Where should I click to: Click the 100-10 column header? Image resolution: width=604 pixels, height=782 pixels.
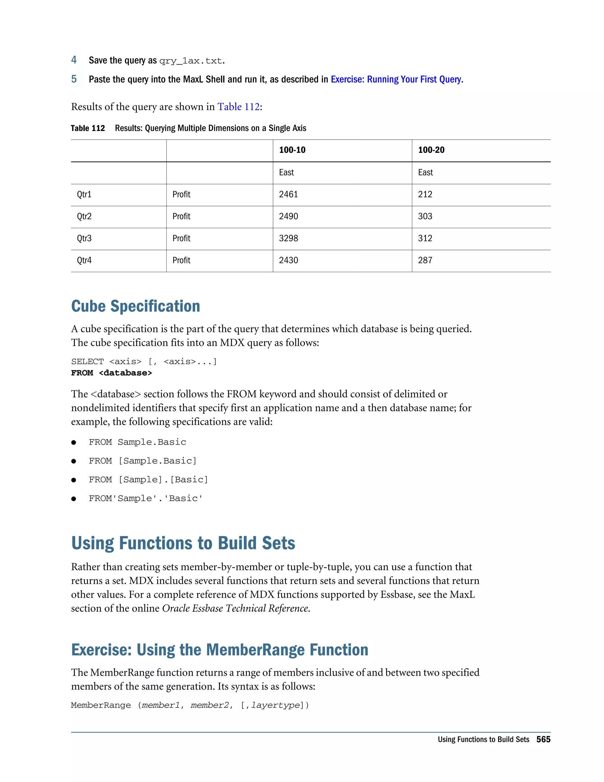tap(292, 150)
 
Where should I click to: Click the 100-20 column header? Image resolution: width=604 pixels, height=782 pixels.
tap(431, 150)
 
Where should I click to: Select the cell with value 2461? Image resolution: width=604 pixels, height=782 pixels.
tap(288, 194)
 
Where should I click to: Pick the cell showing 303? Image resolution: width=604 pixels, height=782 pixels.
tap(425, 216)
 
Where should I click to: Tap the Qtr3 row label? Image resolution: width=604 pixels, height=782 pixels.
tap(84, 238)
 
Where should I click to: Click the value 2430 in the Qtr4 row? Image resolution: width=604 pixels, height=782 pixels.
tap(288, 260)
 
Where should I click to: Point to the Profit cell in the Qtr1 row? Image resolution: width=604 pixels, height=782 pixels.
tap(181, 194)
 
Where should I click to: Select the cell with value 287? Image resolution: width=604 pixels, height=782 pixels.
tap(425, 260)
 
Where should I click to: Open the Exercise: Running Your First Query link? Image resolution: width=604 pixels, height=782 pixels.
tap(396, 79)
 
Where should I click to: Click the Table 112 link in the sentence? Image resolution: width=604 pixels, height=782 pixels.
tap(238, 107)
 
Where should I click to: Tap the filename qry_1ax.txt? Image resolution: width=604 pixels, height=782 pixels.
tap(191, 61)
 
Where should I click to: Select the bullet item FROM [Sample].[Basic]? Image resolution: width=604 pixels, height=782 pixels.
tap(148, 480)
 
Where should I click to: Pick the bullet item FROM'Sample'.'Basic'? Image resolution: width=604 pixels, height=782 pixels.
tap(146, 498)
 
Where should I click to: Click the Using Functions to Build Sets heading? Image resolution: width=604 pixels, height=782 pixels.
tap(183, 543)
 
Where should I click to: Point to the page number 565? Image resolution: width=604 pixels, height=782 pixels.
tap(543, 740)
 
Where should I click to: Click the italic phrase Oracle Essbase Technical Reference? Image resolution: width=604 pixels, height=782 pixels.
tap(235, 608)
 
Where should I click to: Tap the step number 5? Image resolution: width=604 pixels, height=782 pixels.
tap(74, 79)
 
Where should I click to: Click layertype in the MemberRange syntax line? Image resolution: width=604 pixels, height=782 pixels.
tap(275, 705)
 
